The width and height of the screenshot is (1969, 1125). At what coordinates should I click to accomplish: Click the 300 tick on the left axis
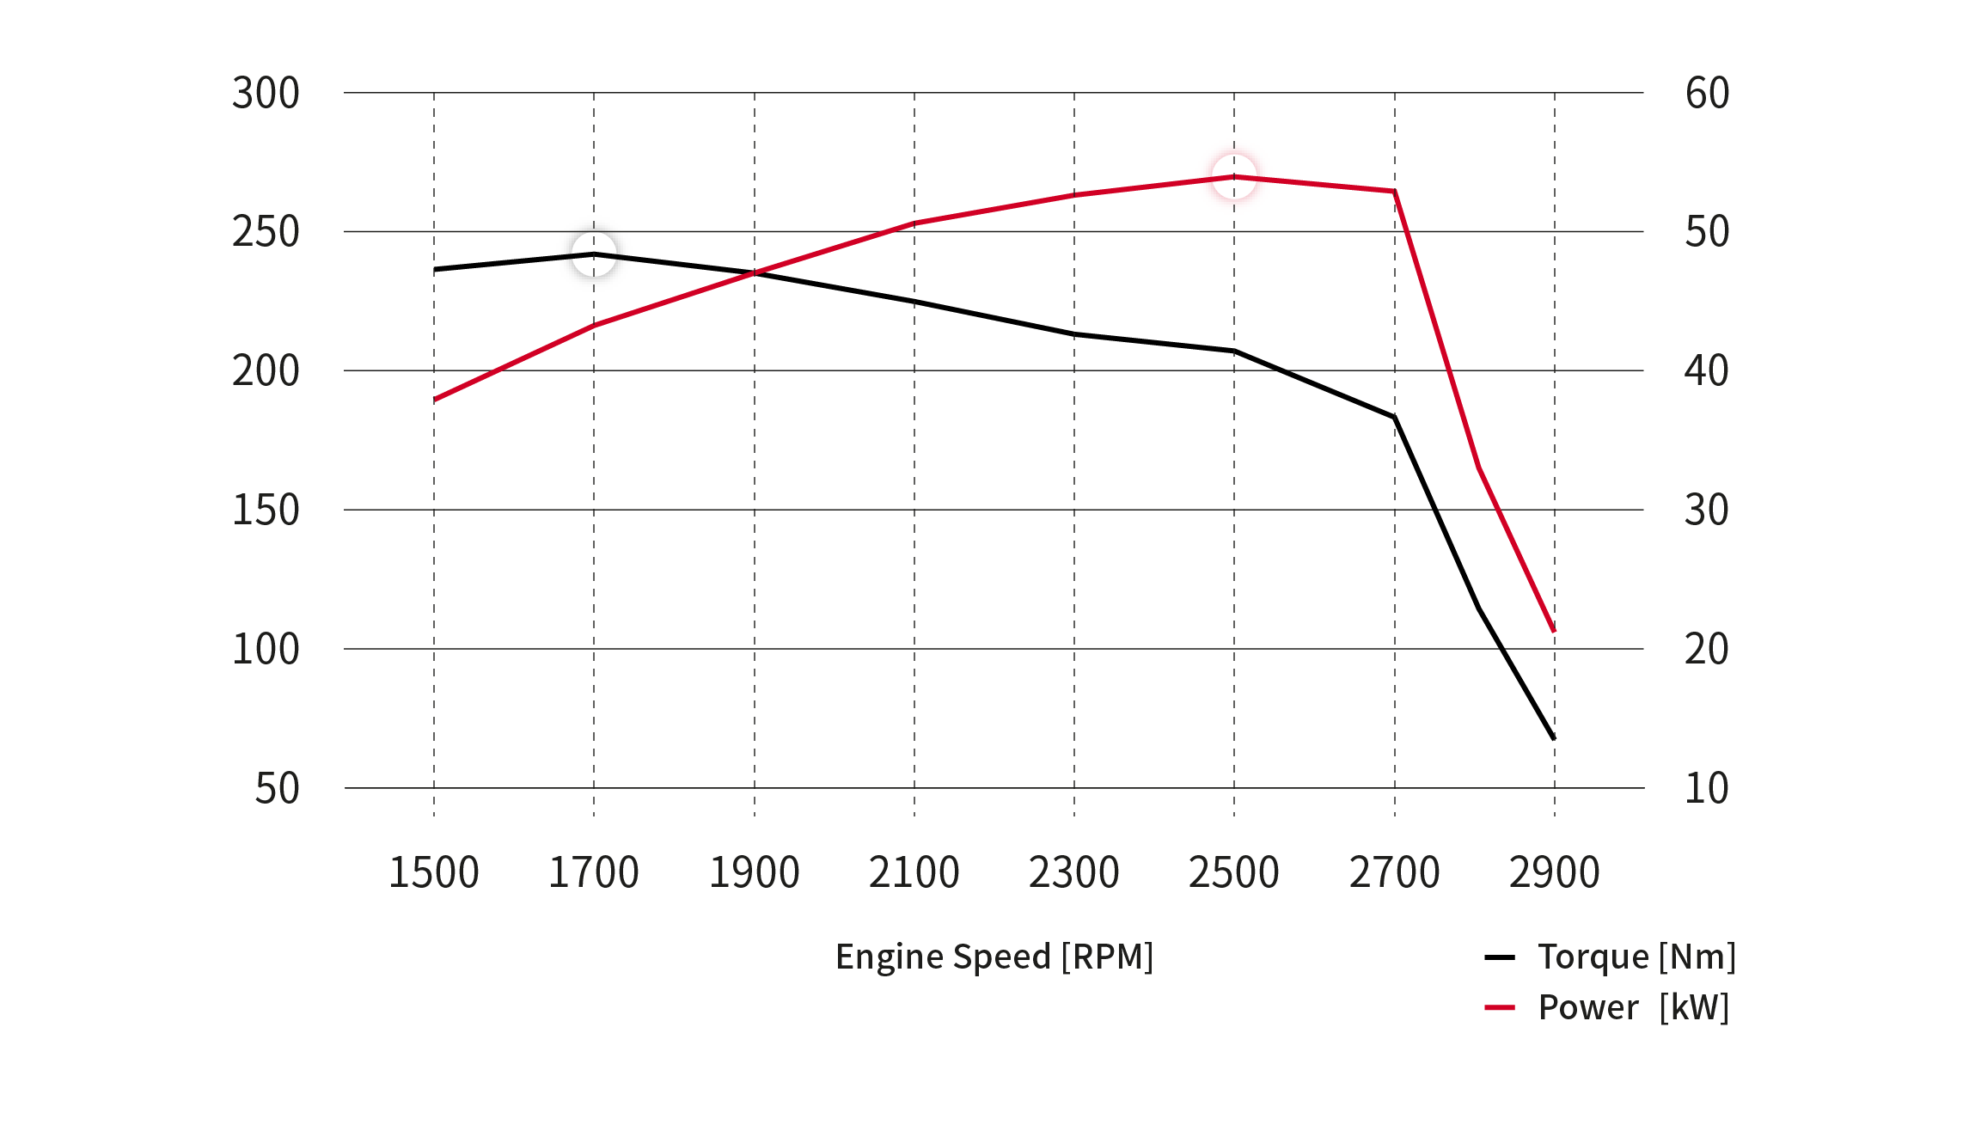click(266, 93)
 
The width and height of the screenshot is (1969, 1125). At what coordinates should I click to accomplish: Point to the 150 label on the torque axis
click(266, 510)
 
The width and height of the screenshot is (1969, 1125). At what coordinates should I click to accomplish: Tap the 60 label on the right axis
click(1707, 93)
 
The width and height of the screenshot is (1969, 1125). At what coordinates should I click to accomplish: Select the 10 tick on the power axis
click(1706, 788)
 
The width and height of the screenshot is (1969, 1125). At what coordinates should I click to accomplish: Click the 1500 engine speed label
click(433, 872)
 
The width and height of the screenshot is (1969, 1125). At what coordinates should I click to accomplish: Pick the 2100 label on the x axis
click(914, 872)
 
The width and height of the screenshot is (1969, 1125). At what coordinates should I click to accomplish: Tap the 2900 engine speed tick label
click(1554, 872)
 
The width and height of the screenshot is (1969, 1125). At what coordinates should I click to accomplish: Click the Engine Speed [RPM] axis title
click(994, 957)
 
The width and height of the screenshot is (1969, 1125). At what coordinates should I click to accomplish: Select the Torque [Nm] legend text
click(1636, 957)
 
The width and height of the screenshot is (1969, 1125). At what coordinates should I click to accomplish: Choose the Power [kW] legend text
click(1633, 1007)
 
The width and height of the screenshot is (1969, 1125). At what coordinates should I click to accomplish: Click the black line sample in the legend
click(1500, 957)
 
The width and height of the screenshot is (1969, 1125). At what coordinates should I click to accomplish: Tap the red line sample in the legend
click(1500, 1007)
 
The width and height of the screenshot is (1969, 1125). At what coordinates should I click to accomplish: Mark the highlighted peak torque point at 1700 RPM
click(594, 254)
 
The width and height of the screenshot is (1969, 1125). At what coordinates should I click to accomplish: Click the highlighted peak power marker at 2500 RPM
click(1234, 176)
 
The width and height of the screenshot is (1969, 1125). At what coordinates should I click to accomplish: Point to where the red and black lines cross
click(755, 273)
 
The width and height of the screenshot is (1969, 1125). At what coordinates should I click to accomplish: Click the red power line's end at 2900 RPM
click(1554, 632)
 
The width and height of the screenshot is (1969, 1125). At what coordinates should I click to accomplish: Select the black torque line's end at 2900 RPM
click(1554, 738)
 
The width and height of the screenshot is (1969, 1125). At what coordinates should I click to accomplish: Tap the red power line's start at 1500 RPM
click(435, 400)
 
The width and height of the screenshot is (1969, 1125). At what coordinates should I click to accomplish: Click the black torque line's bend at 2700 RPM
click(1394, 417)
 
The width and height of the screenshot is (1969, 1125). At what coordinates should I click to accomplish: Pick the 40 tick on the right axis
click(1706, 370)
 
